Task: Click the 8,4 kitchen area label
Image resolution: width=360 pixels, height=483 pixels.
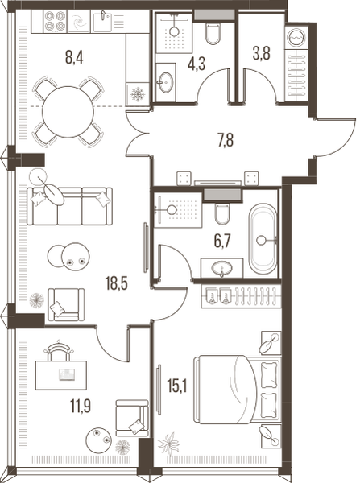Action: [74, 58]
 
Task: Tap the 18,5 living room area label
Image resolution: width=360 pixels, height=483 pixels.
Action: [117, 283]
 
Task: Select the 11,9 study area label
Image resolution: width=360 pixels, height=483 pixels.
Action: [81, 406]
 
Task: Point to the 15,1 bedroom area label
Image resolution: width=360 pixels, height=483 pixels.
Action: [178, 386]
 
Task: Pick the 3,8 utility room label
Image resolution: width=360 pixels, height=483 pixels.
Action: [262, 53]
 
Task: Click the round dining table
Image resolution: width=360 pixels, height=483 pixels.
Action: [68, 112]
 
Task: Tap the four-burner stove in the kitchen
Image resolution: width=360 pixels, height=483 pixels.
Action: [56, 21]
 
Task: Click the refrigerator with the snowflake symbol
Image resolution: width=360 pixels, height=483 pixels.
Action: [138, 94]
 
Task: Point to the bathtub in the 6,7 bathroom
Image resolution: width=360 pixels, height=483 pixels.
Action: [263, 239]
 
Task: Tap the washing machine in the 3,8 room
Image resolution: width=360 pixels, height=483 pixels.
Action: [296, 36]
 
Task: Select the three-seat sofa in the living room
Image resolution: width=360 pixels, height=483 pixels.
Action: [69, 206]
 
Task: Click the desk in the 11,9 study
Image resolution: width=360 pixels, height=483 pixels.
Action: [61, 375]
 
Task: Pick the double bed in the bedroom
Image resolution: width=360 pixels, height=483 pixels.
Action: [238, 390]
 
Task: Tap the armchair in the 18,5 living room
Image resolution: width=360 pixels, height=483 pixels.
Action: [66, 304]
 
